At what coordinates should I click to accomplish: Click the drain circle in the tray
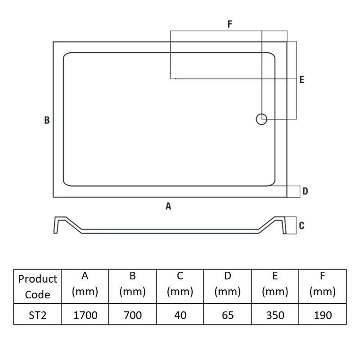click(x=261, y=114)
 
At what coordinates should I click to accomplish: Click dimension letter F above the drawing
click(x=229, y=24)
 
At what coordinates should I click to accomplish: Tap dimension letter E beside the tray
click(x=301, y=80)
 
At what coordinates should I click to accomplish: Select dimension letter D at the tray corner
click(x=305, y=191)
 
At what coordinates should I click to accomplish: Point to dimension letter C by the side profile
click(x=301, y=225)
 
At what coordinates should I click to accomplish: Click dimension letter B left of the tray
click(x=47, y=120)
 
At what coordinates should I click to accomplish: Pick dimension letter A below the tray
click(x=168, y=206)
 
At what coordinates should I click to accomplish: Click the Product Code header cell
click(x=37, y=287)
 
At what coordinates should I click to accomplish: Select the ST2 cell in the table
click(x=37, y=315)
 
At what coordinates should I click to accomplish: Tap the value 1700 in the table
click(x=85, y=315)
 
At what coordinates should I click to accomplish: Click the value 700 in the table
click(x=133, y=315)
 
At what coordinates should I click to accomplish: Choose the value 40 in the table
click(x=180, y=315)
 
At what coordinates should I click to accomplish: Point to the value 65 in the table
click(x=228, y=315)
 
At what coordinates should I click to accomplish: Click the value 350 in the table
click(x=275, y=315)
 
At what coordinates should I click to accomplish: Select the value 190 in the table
click(x=323, y=315)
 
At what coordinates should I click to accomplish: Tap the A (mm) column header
click(x=85, y=284)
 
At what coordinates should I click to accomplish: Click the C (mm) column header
click(x=180, y=284)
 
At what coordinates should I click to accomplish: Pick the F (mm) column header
click(x=323, y=284)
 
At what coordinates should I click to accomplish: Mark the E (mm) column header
click(x=275, y=284)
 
